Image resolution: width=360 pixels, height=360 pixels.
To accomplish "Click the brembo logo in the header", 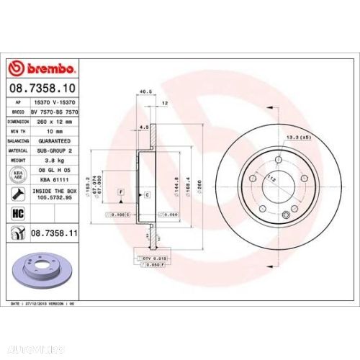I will pyautogui.click(x=41, y=69).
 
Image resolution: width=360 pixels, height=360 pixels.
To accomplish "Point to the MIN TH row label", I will pyautogui.click(x=19, y=132).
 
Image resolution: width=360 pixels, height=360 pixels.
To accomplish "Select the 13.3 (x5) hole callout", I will pyautogui.click(x=297, y=137).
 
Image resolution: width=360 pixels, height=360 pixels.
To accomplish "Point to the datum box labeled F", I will pyautogui.click(x=121, y=190).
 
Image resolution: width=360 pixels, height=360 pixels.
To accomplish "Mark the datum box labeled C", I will pyautogui.click(x=146, y=196).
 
